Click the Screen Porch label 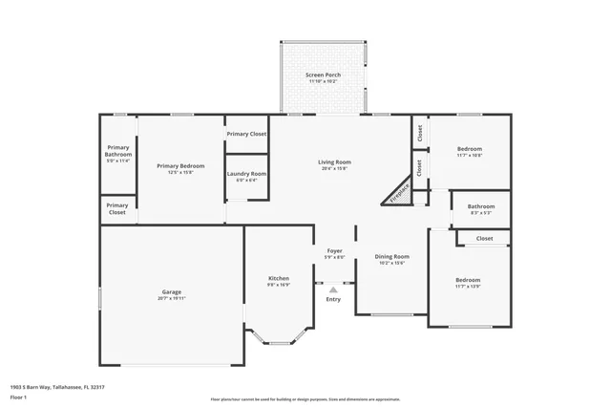pyautogui.click(x=323, y=75)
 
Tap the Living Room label pyautogui.click(x=334, y=162)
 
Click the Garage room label pyautogui.click(x=172, y=291)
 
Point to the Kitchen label pyautogui.click(x=278, y=278)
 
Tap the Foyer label pyautogui.click(x=334, y=250)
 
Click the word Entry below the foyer pyautogui.click(x=333, y=299)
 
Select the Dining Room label pyautogui.click(x=391, y=256)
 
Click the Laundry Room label pyautogui.click(x=245, y=174)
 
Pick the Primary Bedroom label pyautogui.click(x=180, y=165)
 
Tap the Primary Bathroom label pyautogui.click(x=117, y=151)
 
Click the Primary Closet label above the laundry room pyautogui.click(x=246, y=134)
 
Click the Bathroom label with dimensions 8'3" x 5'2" pyautogui.click(x=481, y=206)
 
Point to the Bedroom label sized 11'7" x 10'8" pyautogui.click(x=469, y=149)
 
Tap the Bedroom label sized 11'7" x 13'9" pyautogui.click(x=468, y=280)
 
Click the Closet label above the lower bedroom pyautogui.click(x=484, y=238)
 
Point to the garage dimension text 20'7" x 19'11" pyautogui.click(x=172, y=298)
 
